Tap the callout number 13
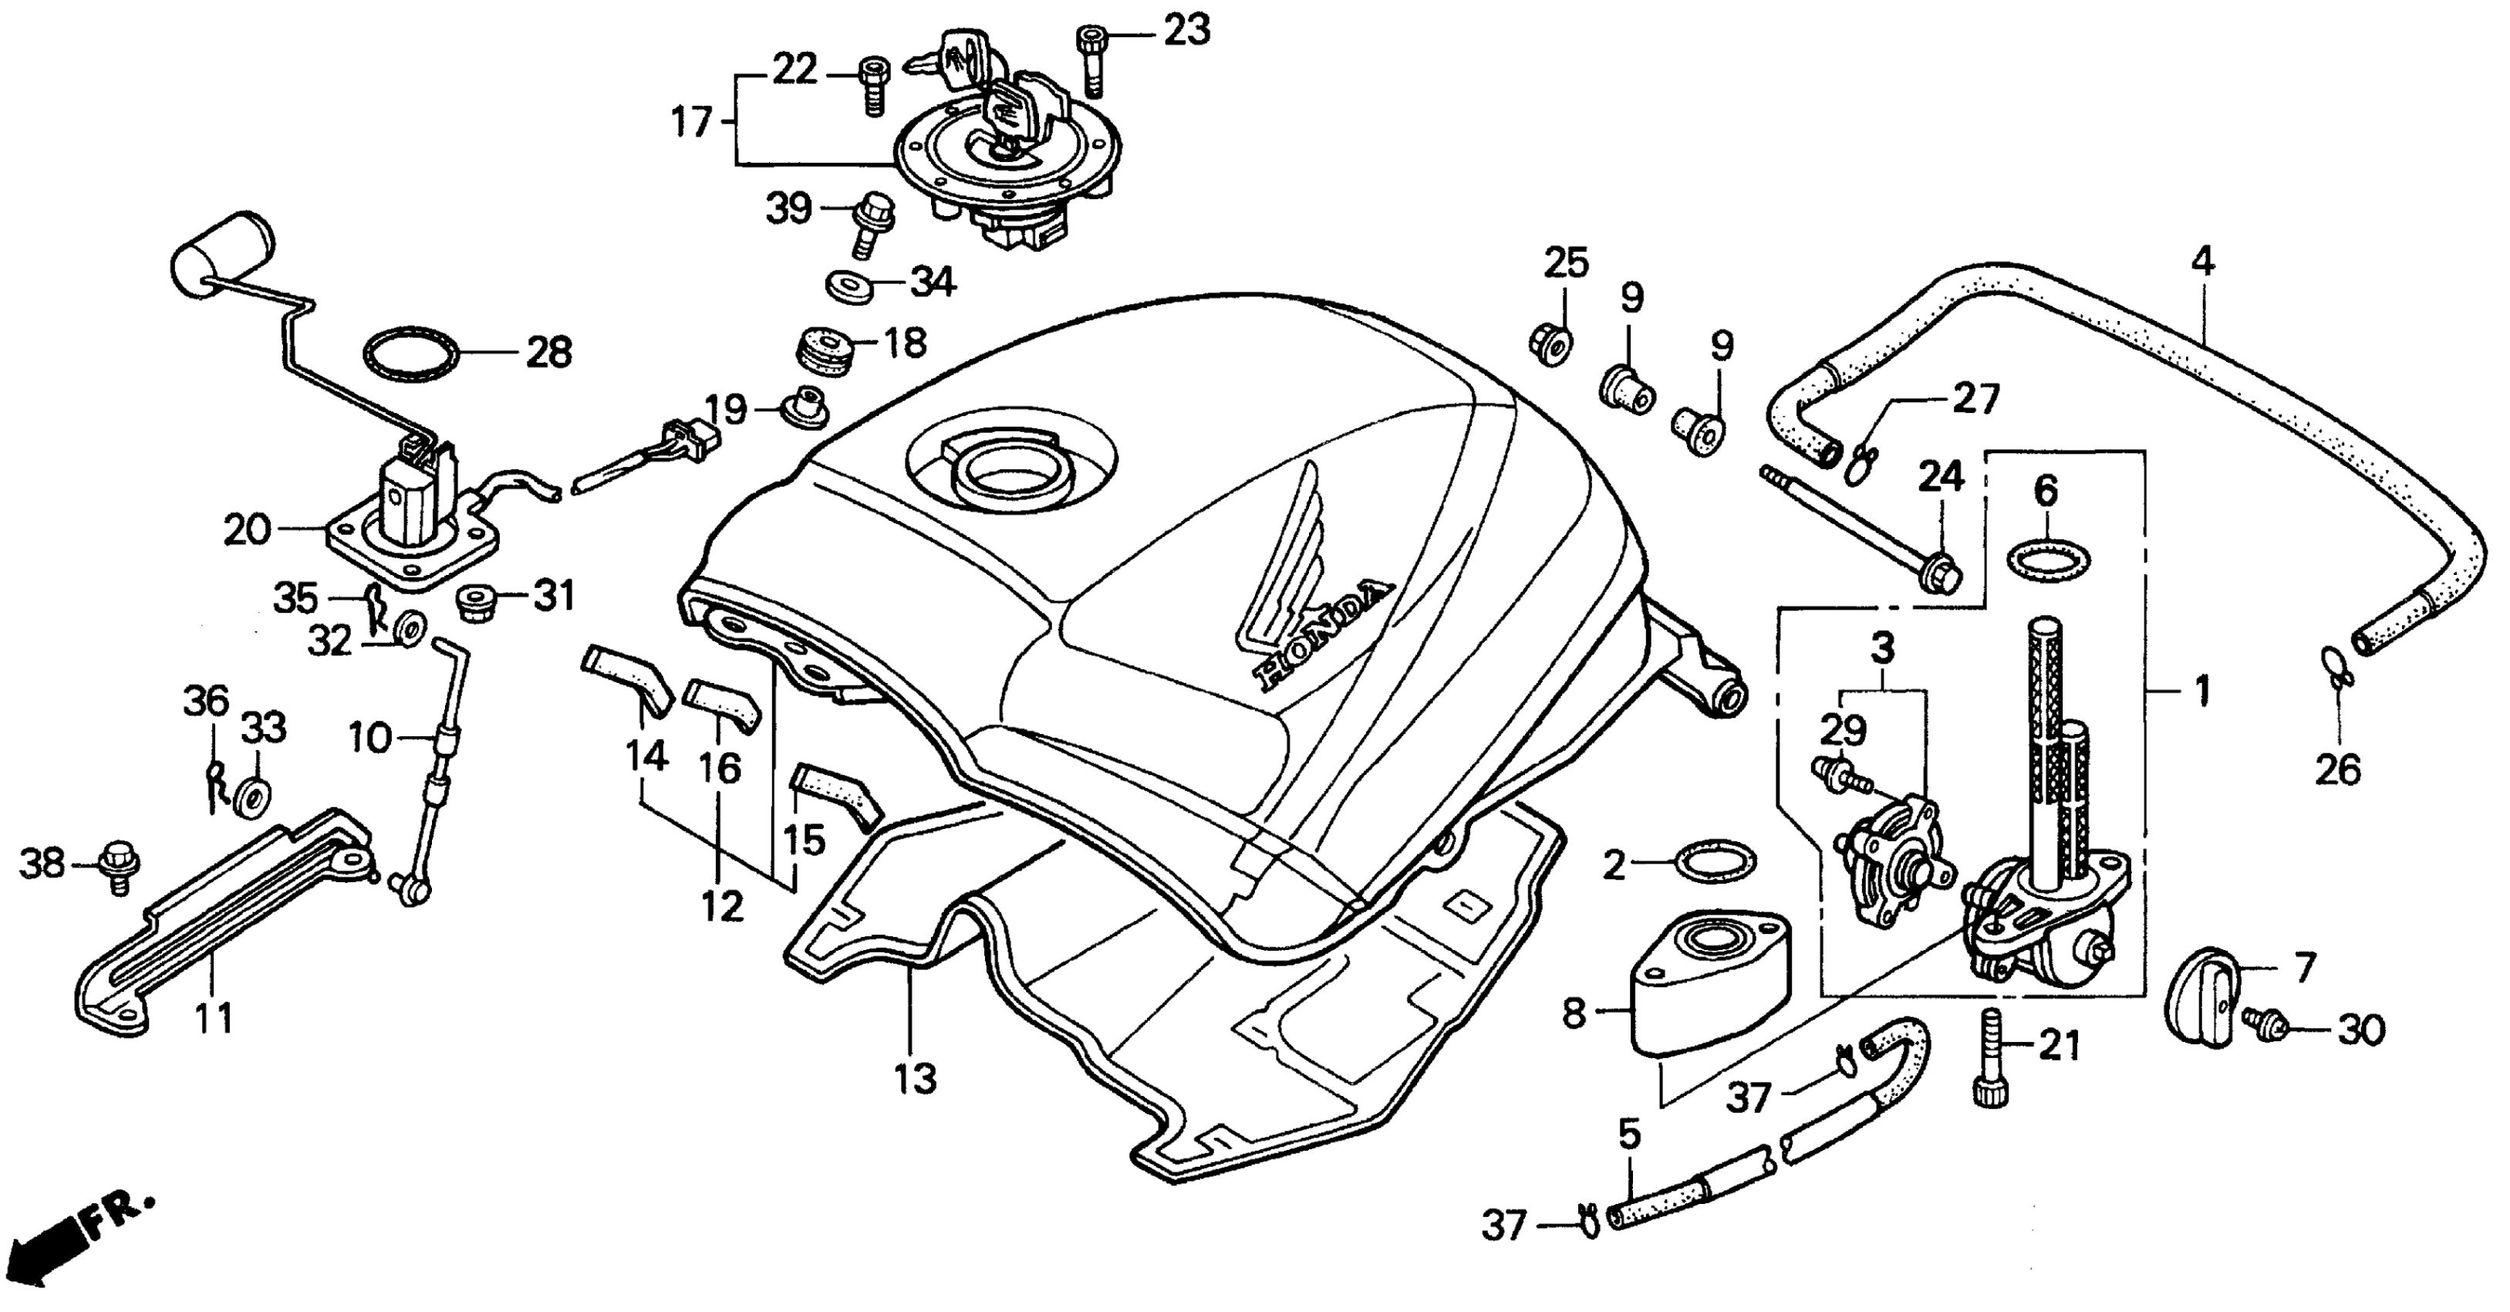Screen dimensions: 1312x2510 916,1078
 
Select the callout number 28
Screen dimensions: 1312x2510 548,352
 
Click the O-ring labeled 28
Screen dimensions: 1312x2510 411,355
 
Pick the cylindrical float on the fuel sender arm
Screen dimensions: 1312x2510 222,252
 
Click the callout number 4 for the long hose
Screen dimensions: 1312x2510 2203,260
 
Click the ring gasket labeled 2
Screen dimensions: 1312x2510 1714,861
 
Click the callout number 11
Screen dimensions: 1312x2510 214,1018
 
